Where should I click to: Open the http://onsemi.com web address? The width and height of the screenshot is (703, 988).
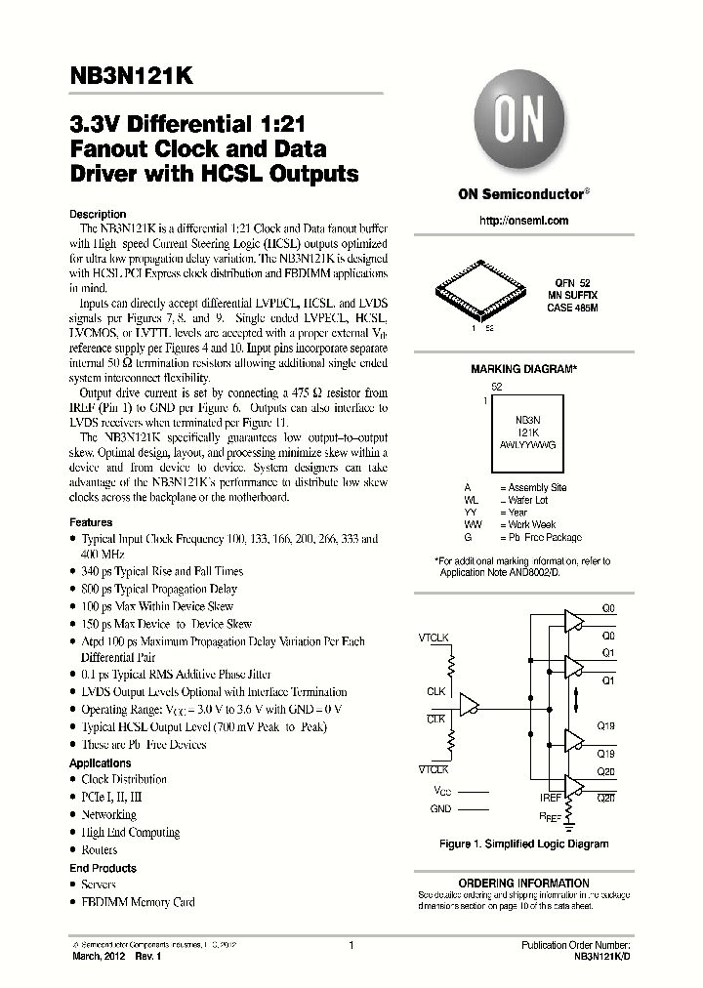click(523, 221)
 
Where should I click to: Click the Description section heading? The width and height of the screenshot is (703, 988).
click(98, 214)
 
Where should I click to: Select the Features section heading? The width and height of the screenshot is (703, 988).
click(91, 522)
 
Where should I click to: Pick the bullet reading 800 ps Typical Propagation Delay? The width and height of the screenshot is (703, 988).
click(159, 589)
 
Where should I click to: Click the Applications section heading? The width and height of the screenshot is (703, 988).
click(101, 762)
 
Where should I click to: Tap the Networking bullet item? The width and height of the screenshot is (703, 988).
click(108, 814)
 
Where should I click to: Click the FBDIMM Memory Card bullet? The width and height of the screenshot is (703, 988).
click(138, 902)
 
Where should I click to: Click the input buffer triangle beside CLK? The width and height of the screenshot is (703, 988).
click(470, 703)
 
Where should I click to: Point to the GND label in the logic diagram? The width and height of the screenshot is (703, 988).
click(441, 808)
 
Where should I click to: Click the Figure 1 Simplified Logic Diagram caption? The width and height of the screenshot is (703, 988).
click(524, 844)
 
